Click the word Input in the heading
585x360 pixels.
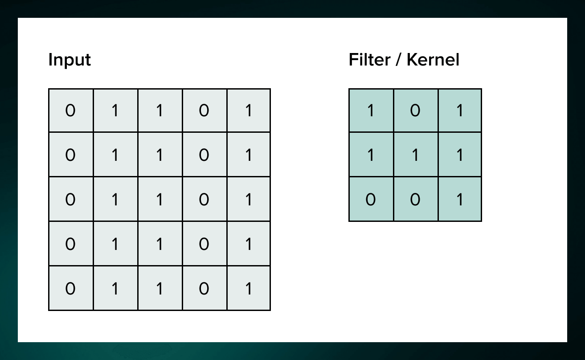(70, 60)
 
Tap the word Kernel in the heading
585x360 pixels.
(433, 60)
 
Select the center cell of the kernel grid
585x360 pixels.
(415, 155)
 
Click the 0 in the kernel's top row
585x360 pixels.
(415, 110)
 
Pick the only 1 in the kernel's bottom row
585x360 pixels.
(460, 200)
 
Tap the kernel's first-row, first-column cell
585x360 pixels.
(371, 110)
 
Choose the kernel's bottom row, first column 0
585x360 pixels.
(371, 200)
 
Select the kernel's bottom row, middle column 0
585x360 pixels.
(415, 200)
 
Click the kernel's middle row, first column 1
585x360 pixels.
(371, 155)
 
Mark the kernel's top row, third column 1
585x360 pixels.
(460, 110)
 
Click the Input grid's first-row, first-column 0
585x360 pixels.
(70, 110)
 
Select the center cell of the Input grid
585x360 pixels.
(160, 200)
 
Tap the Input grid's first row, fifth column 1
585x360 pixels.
(249, 110)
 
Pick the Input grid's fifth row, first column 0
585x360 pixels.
(70, 289)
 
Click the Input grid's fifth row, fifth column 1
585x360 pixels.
(249, 289)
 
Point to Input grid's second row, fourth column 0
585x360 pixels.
(204, 155)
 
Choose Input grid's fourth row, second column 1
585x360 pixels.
(115, 244)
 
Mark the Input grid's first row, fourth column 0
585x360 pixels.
(204, 110)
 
